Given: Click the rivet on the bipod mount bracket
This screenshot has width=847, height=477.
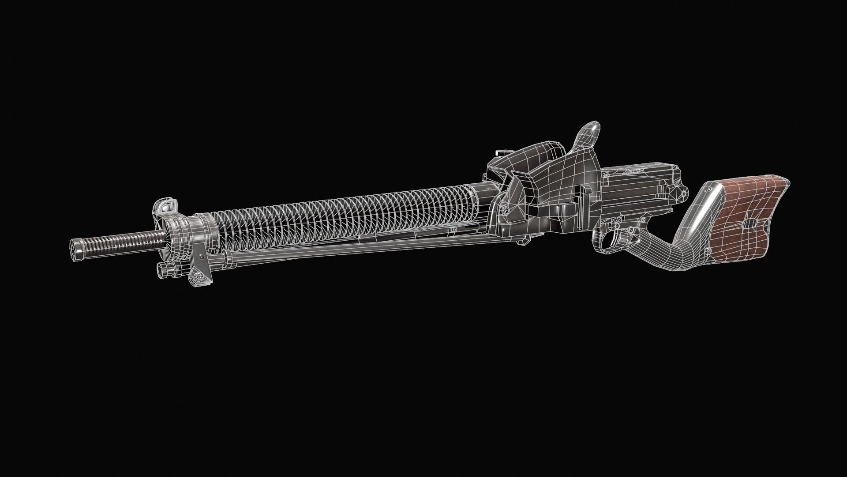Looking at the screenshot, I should (x=201, y=256).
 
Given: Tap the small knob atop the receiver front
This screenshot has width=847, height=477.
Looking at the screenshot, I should (x=502, y=153).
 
